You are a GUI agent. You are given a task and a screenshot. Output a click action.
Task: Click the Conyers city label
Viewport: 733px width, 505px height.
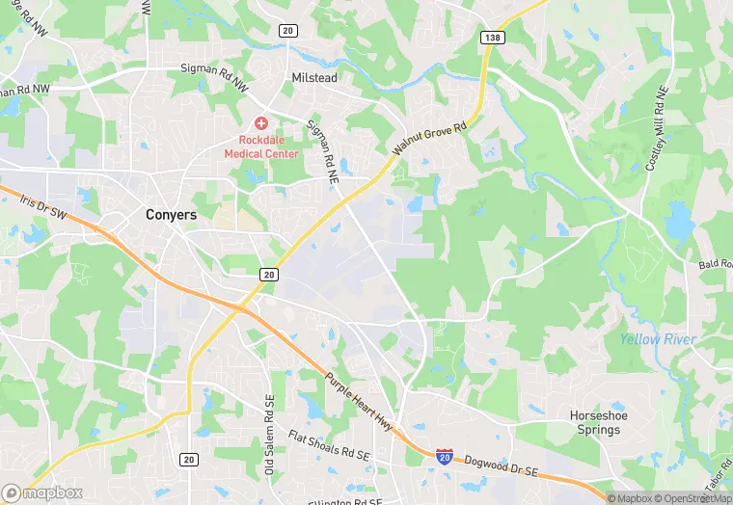pos(170,215)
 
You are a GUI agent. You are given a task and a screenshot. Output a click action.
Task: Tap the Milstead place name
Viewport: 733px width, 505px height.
pos(313,77)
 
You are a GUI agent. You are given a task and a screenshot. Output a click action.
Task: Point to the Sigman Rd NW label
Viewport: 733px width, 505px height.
pos(213,69)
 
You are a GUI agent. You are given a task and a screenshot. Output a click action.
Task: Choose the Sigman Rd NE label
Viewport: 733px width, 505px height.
pos(323,151)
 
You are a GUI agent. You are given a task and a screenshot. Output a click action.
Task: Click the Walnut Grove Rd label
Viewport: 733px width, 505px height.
pos(430,139)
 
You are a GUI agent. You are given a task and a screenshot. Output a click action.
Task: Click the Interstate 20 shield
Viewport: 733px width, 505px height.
pos(445,456)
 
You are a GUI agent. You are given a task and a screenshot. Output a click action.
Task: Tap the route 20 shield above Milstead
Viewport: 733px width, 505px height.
pos(287,31)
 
